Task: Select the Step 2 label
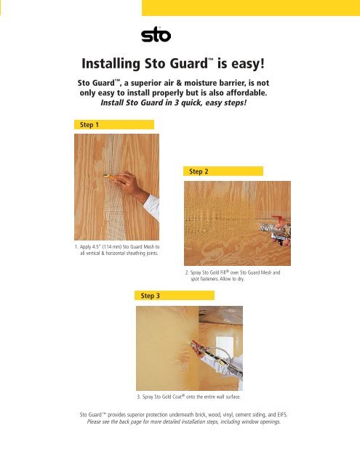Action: coord(199,171)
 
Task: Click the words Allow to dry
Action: coord(228,278)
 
